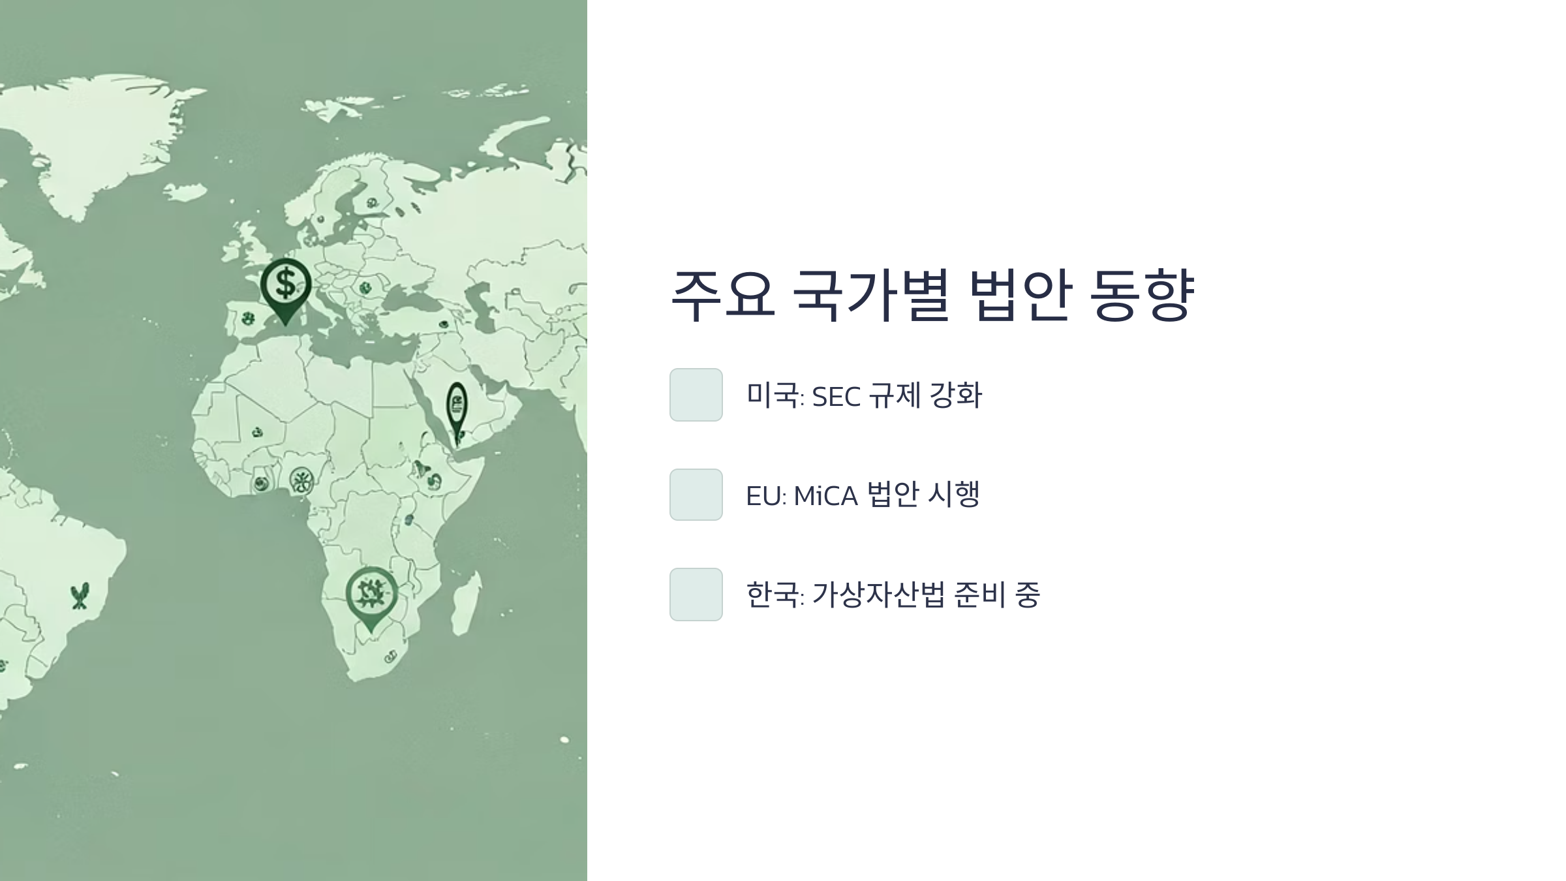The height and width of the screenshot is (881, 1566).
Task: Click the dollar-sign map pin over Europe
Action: [285, 285]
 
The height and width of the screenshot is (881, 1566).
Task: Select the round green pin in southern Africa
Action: [371, 593]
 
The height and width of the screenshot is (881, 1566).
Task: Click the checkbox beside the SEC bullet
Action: [696, 395]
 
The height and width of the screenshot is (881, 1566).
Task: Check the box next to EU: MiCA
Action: [696, 495]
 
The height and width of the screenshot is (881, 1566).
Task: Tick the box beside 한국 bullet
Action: [696, 595]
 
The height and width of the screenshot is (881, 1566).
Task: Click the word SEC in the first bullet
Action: [836, 397]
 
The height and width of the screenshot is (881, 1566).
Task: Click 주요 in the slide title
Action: [723, 295]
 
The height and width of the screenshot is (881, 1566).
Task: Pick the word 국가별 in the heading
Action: [870, 295]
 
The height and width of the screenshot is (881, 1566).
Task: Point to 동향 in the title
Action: [1142, 295]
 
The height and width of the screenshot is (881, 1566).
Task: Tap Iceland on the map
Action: [185, 192]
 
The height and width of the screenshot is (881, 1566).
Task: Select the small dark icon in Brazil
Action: [80, 596]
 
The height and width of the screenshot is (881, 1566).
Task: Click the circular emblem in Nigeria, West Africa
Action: [301, 481]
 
